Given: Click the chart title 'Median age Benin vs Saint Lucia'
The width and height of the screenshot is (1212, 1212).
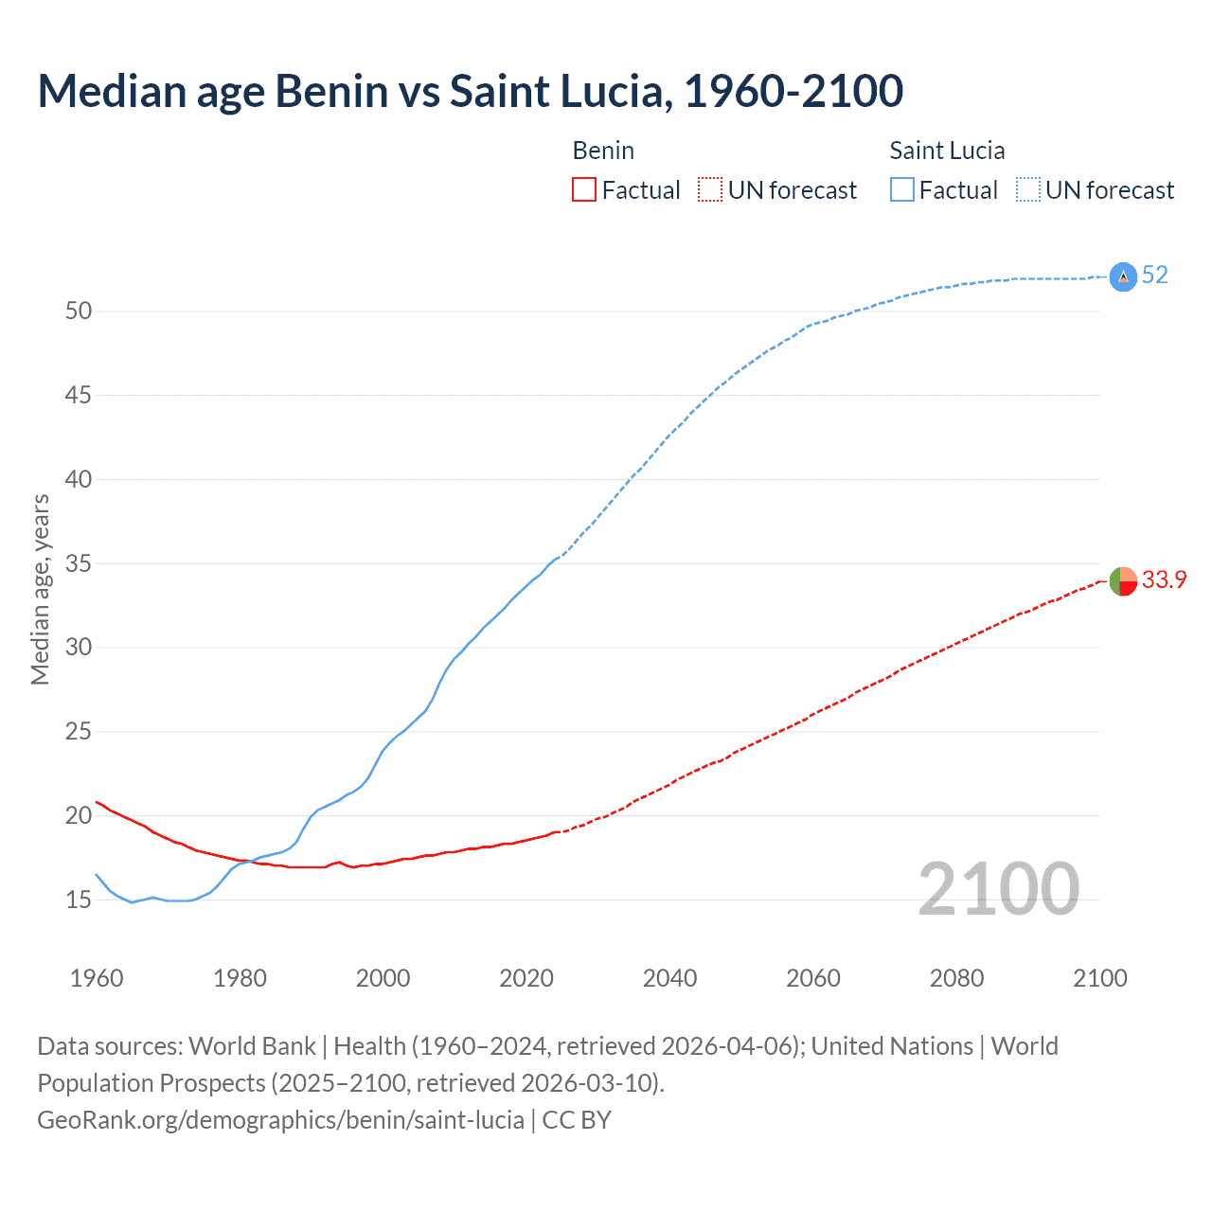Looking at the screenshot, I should [x=470, y=91].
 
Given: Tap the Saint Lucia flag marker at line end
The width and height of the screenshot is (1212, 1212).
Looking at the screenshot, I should [x=1123, y=276].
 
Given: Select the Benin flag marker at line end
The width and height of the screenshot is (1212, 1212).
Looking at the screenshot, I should [x=1123, y=580].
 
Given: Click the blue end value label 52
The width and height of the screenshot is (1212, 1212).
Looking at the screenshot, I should [x=1155, y=276].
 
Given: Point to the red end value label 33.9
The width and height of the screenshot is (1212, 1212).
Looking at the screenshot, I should [x=1164, y=580].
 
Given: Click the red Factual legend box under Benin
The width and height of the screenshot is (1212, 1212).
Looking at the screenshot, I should [x=584, y=190].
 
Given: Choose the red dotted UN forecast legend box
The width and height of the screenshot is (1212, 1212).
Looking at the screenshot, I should [x=710, y=190].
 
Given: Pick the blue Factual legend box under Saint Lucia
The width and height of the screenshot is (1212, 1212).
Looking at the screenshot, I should [x=902, y=190].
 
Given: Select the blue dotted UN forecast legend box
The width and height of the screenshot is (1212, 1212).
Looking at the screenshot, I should [x=1027, y=190].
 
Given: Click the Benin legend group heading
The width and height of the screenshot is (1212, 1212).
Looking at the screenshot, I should [x=603, y=151].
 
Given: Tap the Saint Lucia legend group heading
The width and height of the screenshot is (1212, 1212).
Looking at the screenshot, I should [x=947, y=151].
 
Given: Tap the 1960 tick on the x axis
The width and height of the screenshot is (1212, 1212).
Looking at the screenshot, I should [x=97, y=978].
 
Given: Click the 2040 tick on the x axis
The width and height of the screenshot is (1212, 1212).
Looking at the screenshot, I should [x=670, y=978].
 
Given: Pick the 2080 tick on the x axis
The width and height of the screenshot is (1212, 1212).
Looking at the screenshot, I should [x=956, y=978].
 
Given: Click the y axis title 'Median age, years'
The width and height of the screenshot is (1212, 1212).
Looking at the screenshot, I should [x=40, y=589].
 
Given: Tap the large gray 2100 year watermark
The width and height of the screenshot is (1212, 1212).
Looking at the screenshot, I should [x=999, y=888].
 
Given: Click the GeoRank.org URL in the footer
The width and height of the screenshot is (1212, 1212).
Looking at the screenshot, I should [x=280, y=1120].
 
